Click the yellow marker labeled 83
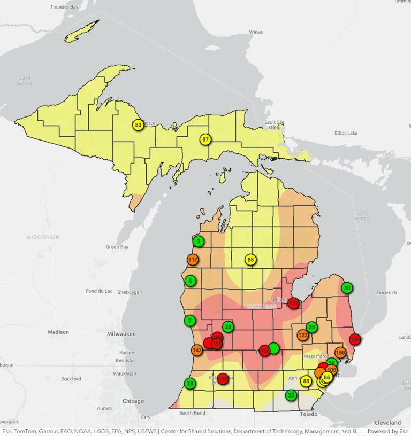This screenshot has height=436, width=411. tap(139, 125)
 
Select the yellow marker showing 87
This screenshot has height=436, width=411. tap(205, 139)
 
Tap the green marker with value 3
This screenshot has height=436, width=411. tap(199, 242)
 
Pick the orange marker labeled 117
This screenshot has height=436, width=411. tap(193, 260)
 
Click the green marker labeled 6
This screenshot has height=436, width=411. tap(190, 281)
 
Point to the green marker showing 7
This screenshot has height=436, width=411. tap(190, 321)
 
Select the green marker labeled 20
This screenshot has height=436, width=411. tap(229, 327)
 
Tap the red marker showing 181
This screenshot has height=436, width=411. tap(293, 303)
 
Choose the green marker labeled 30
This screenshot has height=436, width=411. tap(347, 287)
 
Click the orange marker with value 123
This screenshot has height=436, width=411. tap(303, 336)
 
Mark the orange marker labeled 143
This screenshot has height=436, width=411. tap(197, 351)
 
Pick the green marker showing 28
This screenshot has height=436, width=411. tap(190, 383)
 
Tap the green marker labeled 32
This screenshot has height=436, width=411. tap(291, 395)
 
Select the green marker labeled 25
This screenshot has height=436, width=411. tap(312, 327)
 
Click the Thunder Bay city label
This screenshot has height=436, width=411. tap(64, 7)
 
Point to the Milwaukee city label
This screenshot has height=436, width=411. tap(121, 334)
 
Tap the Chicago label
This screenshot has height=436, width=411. tap(133, 401)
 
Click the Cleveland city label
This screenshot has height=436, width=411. tap(388, 422)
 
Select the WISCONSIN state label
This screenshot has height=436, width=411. tap(43, 237)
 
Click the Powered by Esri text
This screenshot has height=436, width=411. tap(388, 431)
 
